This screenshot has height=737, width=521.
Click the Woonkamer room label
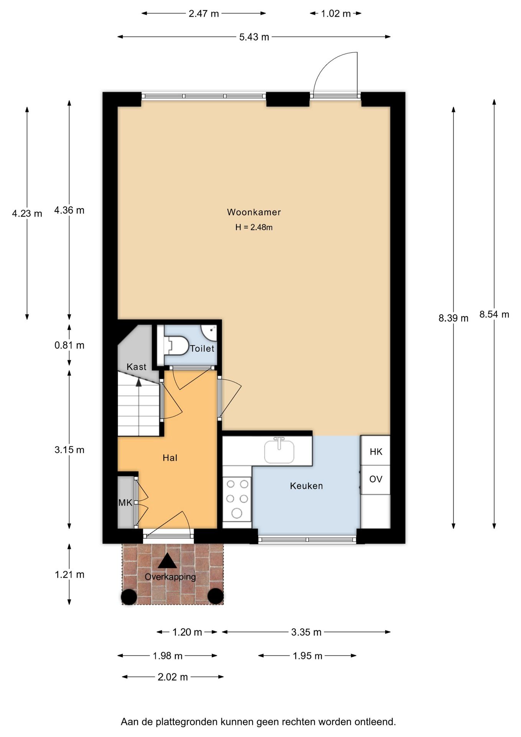point(254,212)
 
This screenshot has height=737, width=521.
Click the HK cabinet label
point(376,451)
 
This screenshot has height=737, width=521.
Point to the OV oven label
point(376,479)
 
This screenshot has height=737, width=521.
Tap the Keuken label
point(306,486)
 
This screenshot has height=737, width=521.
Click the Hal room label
point(170,458)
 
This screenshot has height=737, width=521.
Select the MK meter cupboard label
point(125,502)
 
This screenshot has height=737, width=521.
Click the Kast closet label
point(136,367)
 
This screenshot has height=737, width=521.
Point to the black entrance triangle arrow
point(167,560)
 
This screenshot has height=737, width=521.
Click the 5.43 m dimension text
point(254,37)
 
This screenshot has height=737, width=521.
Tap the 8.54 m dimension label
point(494,314)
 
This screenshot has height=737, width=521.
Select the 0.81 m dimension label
point(69,345)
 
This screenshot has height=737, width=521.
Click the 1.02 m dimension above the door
point(336,13)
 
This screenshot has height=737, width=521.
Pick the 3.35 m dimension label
point(306,632)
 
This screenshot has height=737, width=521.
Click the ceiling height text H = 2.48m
point(254,227)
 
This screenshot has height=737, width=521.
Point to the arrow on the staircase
point(138,382)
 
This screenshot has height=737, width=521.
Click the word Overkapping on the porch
point(170,577)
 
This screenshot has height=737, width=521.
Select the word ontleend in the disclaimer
point(375,722)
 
